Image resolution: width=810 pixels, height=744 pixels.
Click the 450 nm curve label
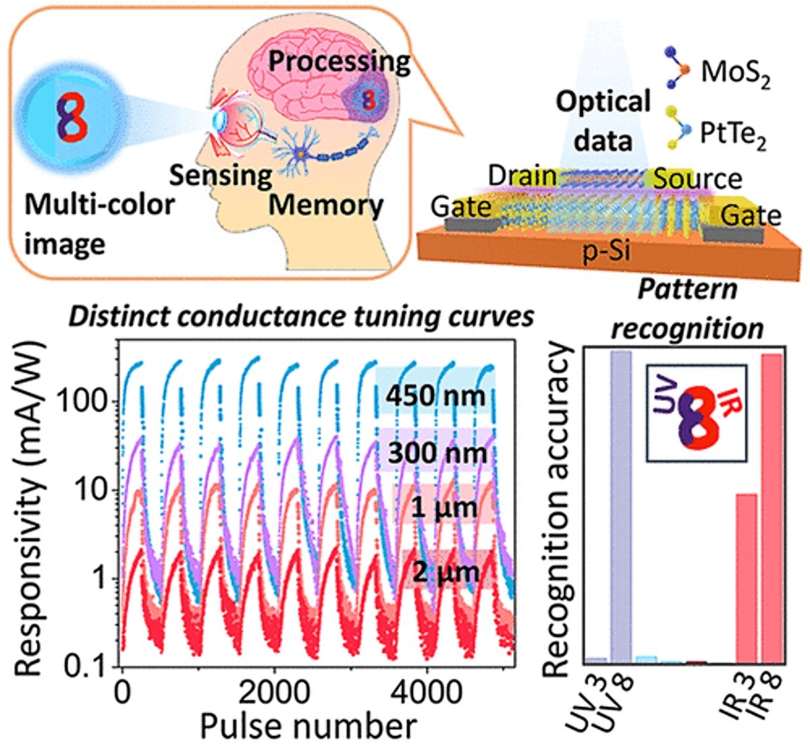click(435, 395)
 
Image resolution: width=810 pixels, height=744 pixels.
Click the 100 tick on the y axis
click(88, 403)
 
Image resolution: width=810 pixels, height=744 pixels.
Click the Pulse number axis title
click(308, 725)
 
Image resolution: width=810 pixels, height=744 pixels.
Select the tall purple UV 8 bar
click(621, 506)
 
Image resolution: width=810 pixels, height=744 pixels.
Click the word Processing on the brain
click(340, 62)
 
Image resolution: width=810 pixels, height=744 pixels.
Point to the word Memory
click(326, 205)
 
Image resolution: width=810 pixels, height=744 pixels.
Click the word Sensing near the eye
click(220, 176)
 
